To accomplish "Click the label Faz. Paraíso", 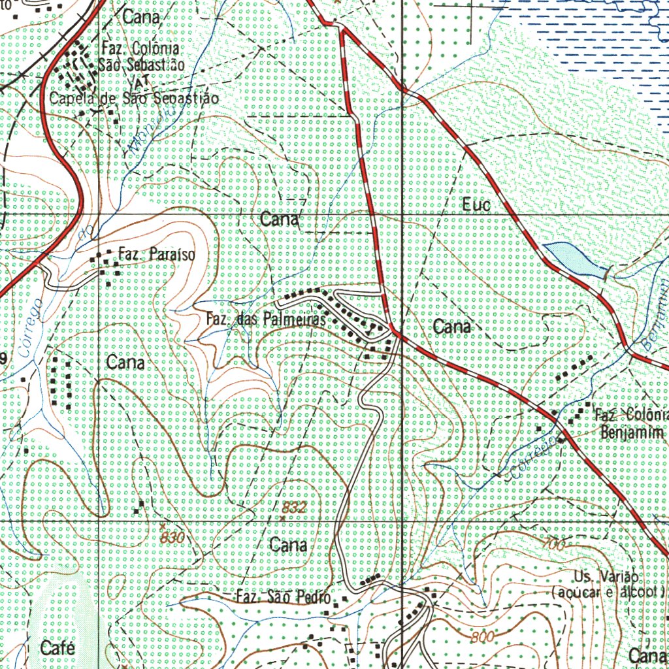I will [x=156, y=254].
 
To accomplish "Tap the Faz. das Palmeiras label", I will [x=266, y=320].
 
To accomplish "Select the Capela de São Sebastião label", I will [x=133, y=99].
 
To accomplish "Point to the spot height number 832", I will [x=295, y=507].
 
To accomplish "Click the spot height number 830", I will [x=172, y=536].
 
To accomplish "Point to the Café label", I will [x=57, y=648].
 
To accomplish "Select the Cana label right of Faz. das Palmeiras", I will [x=452, y=327].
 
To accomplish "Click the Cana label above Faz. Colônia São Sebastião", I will [x=140, y=18].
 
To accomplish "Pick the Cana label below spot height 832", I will [x=288, y=544].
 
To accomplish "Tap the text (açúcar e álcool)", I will [x=608, y=592].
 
